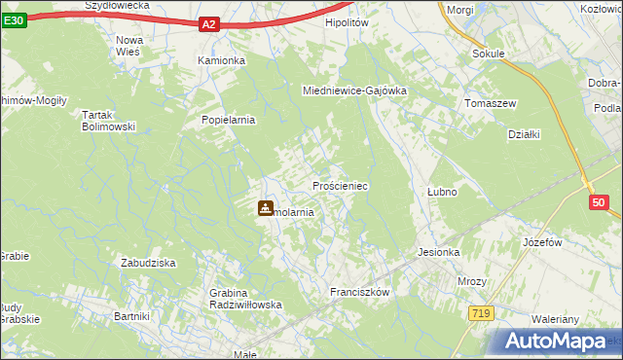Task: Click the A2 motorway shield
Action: click(x=209, y=24)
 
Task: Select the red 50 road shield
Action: click(x=599, y=202)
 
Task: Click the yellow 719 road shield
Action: click(x=480, y=313)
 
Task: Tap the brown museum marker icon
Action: click(x=265, y=207)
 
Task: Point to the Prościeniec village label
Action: click(x=339, y=185)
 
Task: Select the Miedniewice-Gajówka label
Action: click(x=354, y=90)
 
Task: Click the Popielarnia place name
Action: click(x=228, y=121)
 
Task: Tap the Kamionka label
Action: click(x=222, y=60)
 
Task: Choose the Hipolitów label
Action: click(x=348, y=21)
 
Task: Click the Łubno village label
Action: click(x=442, y=192)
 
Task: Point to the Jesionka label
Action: click(x=438, y=252)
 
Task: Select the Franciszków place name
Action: click(x=359, y=292)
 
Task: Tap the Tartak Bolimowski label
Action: click(x=107, y=121)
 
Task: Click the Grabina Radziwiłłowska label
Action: click(x=245, y=299)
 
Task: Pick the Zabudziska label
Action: click(x=147, y=263)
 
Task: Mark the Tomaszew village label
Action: click(x=490, y=103)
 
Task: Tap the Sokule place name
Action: click(x=488, y=54)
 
